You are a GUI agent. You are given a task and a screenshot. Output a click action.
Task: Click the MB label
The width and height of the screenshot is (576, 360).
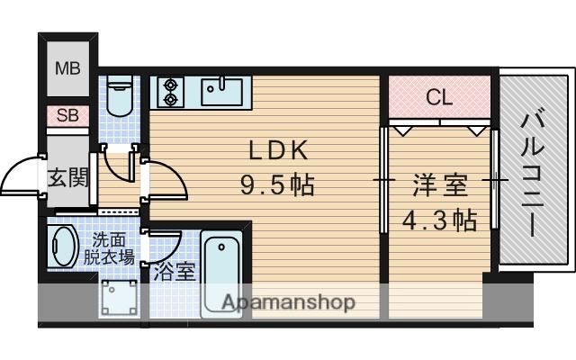point(67,67)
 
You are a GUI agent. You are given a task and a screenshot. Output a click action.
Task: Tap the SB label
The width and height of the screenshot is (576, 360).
point(67,115)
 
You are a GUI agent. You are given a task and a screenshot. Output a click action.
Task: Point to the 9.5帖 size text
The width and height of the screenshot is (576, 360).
point(276,187)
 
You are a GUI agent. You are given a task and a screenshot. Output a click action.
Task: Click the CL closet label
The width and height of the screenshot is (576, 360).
point(438,96)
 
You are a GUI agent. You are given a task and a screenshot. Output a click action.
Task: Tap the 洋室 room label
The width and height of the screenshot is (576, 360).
point(439,187)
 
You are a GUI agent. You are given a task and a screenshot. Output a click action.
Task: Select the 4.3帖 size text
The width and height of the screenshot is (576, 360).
point(439,220)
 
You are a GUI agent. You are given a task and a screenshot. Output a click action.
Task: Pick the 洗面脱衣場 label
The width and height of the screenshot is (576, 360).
point(113,247)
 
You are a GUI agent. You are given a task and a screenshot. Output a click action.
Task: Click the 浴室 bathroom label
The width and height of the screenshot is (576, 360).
point(175,271)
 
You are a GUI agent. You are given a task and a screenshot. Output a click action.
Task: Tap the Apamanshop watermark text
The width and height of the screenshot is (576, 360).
point(288,302)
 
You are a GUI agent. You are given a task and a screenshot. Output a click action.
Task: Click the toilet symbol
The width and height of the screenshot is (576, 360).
point(119,92)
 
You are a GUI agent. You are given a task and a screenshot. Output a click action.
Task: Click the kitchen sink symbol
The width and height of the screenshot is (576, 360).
point(220,90)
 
